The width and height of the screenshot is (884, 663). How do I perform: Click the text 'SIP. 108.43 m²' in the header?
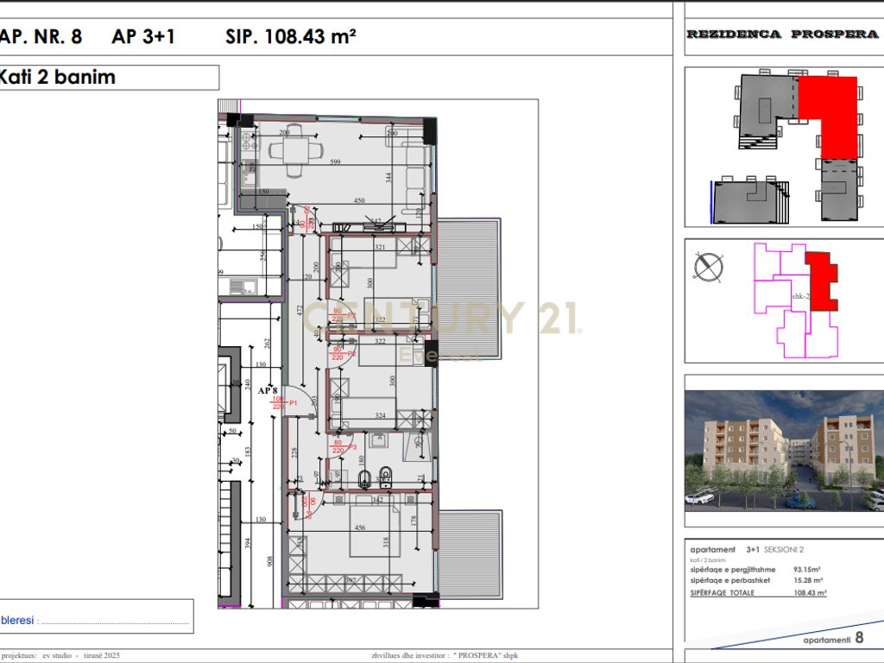290,36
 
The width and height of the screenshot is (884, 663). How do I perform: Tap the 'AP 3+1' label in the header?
143,36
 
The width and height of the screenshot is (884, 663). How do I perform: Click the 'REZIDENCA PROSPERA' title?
782,35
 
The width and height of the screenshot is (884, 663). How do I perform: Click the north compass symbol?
708,267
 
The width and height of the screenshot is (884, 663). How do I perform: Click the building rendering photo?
784,449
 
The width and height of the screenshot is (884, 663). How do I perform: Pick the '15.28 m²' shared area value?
808,581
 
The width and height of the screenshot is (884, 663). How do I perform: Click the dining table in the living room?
295,150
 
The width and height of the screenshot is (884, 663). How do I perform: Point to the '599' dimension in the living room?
336,162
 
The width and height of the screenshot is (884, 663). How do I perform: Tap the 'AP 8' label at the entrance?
268,390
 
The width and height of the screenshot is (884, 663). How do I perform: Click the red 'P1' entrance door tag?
294,403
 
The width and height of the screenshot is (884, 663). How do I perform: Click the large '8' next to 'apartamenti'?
859,639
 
